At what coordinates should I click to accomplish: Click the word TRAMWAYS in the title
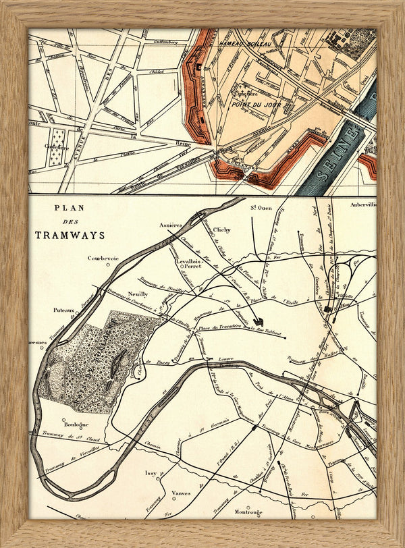pyautogui.click(x=71, y=235)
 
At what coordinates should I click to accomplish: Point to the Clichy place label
pyautogui.click(x=221, y=229)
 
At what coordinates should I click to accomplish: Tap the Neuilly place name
pyautogui.click(x=137, y=294)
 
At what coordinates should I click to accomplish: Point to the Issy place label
pyautogui.click(x=151, y=474)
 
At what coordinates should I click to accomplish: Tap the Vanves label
pyautogui.click(x=182, y=493)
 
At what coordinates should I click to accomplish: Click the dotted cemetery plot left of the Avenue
pyautogui.click(x=57, y=148)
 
